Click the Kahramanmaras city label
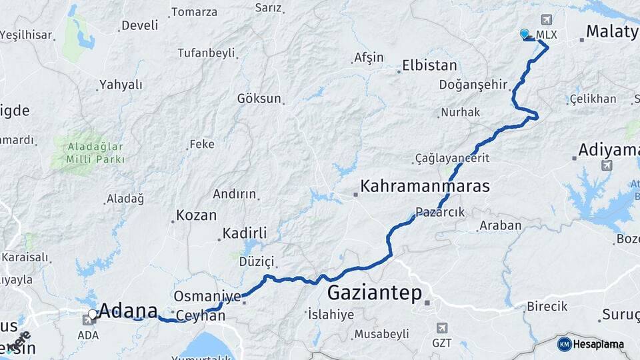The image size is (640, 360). (425, 186)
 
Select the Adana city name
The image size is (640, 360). (129, 311)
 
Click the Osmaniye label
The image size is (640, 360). (206, 295)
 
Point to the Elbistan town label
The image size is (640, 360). (429, 66)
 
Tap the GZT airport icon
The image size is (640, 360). (441, 328)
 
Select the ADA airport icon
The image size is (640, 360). (88, 321)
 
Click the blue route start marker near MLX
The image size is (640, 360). (525, 34)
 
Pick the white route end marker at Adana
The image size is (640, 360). (93, 313)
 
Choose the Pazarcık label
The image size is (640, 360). (440, 212)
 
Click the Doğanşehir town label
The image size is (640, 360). (473, 85)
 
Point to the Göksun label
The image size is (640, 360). (259, 99)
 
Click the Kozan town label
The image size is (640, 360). (196, 215)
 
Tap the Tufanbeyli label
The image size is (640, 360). (207, 53)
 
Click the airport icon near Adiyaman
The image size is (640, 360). (606, 165)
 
